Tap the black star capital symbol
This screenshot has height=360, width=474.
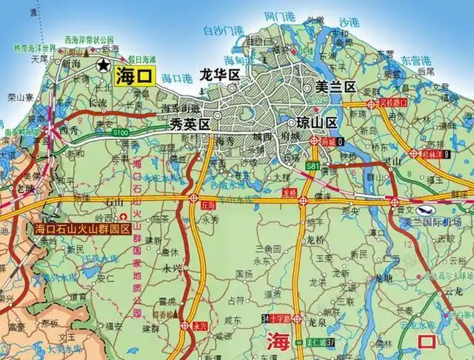(102, 64)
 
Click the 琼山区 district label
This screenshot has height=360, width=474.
(316, 122)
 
